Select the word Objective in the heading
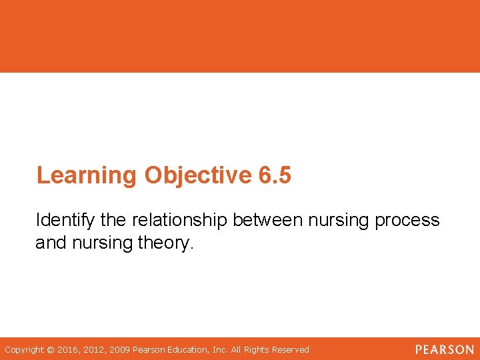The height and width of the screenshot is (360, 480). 197,175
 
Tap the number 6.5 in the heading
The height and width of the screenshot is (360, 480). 274,175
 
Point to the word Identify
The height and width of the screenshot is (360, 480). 64,220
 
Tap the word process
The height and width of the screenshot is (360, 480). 407,220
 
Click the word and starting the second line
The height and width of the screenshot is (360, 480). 49,243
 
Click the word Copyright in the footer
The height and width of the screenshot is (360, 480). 25,349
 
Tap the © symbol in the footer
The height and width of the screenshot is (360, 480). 51,349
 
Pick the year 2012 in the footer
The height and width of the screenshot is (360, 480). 95,349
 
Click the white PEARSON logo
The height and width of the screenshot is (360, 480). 444,349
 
